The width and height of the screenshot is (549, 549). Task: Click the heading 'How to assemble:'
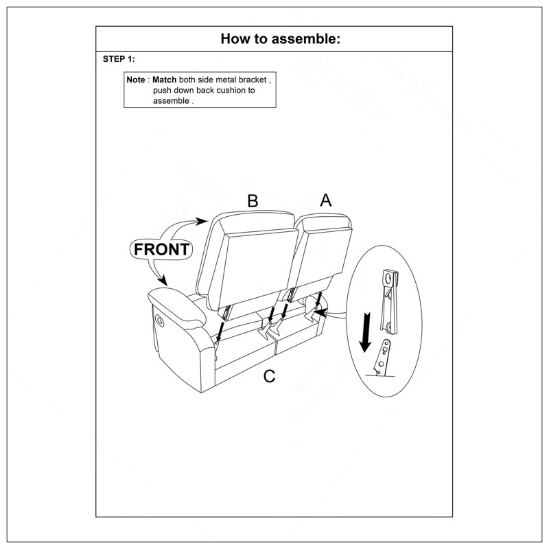280,38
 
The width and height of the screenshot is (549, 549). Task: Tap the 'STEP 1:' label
119,59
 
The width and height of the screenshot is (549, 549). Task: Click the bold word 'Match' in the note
164,80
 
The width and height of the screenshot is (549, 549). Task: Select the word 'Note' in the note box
135,80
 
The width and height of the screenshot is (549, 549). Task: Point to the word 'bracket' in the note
253,80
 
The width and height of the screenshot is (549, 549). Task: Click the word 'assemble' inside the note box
171,101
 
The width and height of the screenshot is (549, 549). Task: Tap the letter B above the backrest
253,201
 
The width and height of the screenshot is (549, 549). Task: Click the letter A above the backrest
325,200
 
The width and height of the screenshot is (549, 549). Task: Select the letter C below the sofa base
269,376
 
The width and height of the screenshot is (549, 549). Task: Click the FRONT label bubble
161,249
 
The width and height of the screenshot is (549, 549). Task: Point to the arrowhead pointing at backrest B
201,221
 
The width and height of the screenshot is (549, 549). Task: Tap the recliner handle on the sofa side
159,320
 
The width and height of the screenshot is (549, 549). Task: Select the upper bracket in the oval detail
389,301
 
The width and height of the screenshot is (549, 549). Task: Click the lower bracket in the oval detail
383,358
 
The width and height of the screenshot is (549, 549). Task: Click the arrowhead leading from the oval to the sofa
321,312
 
